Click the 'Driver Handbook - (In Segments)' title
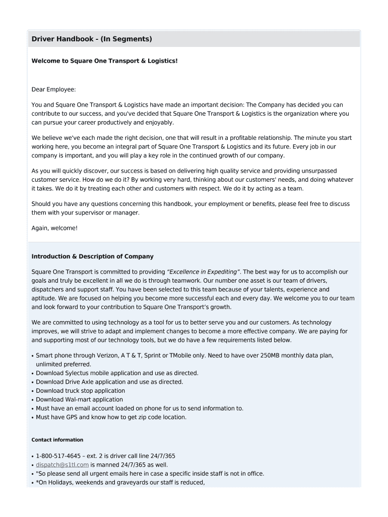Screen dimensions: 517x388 [x=92, y=39]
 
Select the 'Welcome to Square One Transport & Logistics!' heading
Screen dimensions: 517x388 [x=104, y=61]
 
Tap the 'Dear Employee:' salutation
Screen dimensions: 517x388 [x=53, y=89]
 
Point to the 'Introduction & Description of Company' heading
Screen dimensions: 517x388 [x=92, y=256]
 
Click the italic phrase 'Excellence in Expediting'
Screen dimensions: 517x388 [x=203, y=272]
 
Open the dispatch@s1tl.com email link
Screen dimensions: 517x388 [x=62, y=464]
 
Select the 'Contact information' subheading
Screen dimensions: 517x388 [x=57, y=440]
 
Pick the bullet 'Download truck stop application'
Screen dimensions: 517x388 [x=80, y=391]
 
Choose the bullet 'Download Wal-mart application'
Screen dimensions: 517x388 [x=80, y=399]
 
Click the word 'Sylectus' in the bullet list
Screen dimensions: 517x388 [x=77, y=373]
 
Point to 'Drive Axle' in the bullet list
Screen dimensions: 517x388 [x=79, y=382]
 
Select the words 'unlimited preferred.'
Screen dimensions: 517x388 [x=63, y=364]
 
